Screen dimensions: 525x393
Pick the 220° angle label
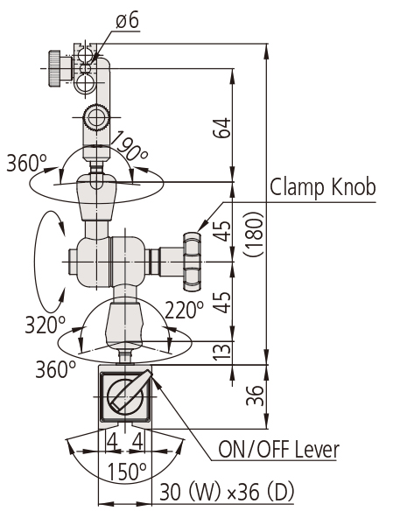[185, 308]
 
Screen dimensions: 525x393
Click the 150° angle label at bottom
[127, 472]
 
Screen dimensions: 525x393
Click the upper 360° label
[25, 163]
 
